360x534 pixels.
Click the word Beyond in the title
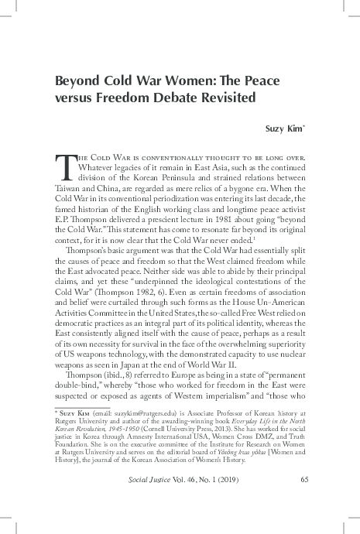pyautogui.click(x=76, y=83)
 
